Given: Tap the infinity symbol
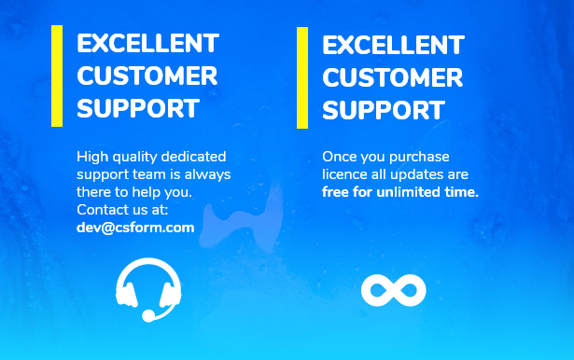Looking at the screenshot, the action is tap(394, 290).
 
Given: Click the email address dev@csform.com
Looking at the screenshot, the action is tap(135, 228).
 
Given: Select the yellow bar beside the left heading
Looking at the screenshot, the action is tap(57, 76).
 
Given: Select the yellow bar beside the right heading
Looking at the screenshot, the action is tap(302, 78).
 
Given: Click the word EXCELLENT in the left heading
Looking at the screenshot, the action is tap(147, 44).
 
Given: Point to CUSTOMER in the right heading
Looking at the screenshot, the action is tap(393, 77).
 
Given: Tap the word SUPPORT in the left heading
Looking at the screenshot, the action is tap(138, 108).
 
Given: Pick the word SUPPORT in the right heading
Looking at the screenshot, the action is tap(384, 110).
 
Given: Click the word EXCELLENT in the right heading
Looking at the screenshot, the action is tap(394, 46).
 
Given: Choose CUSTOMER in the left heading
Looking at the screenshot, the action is tap(147, 76).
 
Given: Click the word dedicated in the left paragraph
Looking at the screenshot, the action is tap(193, 157).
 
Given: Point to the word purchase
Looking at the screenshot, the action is tap(419, 158).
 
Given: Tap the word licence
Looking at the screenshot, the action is tap(344, 174).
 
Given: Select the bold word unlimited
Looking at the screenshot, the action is tap(408, 192).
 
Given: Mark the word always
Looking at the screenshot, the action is tap(207, 175).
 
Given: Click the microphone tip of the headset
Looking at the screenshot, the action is tap(148, 316).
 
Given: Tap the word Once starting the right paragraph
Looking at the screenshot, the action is tap(339, 157).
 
